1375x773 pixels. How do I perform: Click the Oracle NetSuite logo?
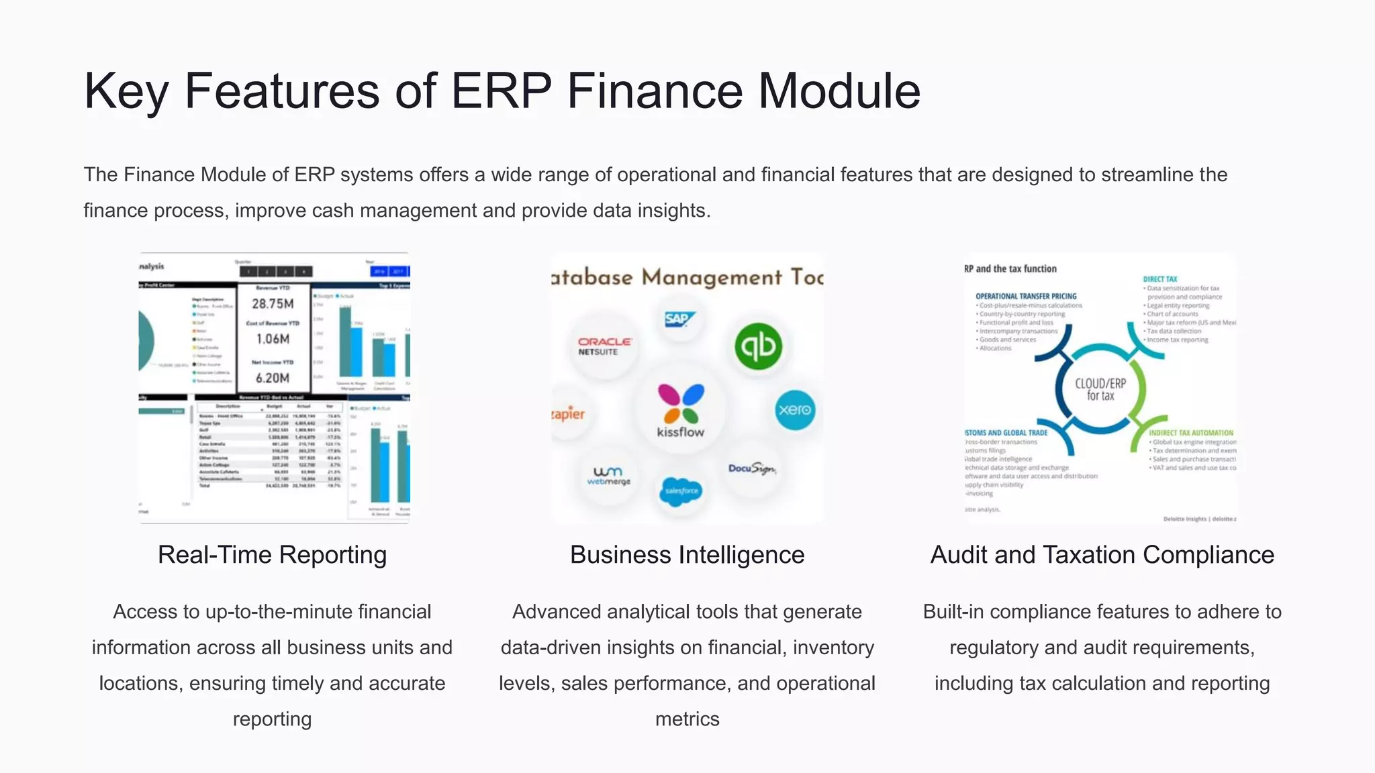(x=604, y=346)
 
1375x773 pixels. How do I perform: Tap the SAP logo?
(x=679, y=319)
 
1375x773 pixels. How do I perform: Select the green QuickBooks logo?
(x=758, y=346)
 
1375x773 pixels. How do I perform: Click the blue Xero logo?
(x=795, y=409)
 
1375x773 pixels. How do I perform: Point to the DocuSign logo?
(x=752, y=468)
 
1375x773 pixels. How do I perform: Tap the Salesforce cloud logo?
(x=681, y=491)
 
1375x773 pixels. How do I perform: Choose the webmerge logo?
(x=608, y=475)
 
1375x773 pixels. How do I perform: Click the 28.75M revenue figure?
(x=273, y=304)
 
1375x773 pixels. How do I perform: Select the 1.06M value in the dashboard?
(x=273, y=339)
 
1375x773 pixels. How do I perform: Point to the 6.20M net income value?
(x=273, y=378)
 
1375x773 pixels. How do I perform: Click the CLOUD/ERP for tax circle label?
(x=1100, y=389)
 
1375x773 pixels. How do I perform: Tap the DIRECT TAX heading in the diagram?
(x=1160, y=279)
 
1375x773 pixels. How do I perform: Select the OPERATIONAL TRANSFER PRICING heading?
(x=1026, y=296)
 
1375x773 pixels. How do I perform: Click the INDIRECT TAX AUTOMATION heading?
(x=1191, y=433)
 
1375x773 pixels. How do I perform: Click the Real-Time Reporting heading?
(x=272, y=555)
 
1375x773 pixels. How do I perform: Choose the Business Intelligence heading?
(x=687, y=555)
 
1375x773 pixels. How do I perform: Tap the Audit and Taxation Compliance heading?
(x=1102, y=555)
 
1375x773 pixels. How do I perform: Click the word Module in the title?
(x=839, y=91)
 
